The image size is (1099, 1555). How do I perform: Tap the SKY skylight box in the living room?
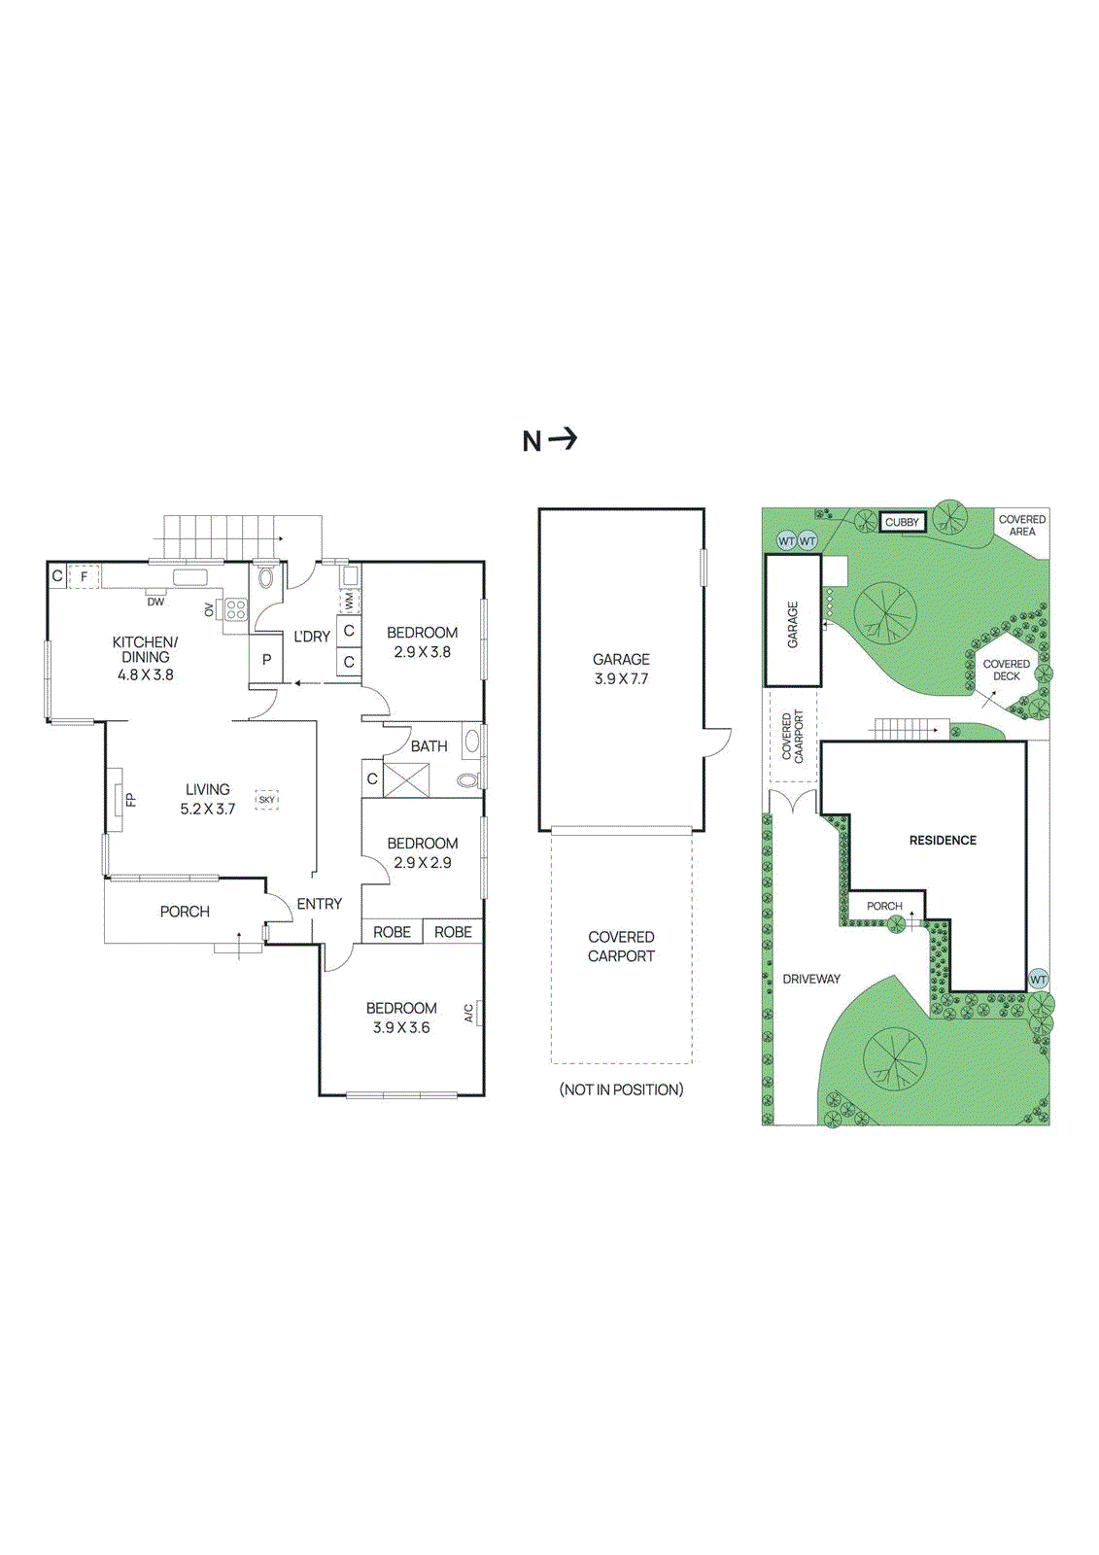(x=266, y=799)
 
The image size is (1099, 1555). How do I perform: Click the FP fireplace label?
(x=130, y=800)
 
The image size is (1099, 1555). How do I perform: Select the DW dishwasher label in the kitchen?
(x=155, y=602)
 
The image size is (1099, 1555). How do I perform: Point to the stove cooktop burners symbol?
(x=236, y=610)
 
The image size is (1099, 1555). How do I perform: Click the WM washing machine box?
(x=349, y=602)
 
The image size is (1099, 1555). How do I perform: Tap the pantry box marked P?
(x=266, y=660)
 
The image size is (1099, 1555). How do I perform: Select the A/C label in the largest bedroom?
(x=469, y=1013)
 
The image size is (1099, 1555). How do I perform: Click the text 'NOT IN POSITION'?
(x=621, y=1089)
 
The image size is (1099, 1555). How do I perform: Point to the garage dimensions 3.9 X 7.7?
(x=621, y=678)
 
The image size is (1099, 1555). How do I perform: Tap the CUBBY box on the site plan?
(x=902, y=522)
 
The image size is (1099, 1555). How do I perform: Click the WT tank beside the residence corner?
(x=1038, y=979)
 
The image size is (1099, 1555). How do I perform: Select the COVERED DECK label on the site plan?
(x=1006, y=670)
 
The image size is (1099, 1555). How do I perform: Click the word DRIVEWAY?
(x=811, y=979)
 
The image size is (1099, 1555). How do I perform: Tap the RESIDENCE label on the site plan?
(x=943, y=840)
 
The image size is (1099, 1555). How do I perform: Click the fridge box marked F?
(x=85, y=576)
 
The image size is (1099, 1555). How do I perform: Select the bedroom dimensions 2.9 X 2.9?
(x=422, y=862)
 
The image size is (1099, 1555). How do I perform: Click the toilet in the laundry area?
(x=266, y=580)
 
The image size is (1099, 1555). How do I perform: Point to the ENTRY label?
(x=319, y=904)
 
